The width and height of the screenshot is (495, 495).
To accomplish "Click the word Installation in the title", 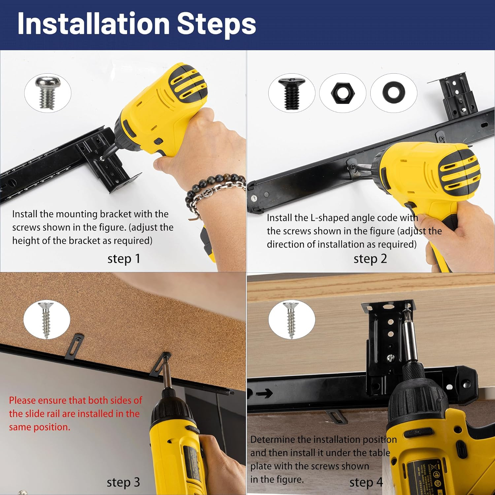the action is pos(93,23).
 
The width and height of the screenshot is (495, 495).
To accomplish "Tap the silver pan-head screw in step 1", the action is pos(47,92).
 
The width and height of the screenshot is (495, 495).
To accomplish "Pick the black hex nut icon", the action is pos(343,93).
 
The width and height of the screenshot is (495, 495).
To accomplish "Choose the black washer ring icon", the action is pos(394,93).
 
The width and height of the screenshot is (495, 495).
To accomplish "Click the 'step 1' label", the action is pos(124,259).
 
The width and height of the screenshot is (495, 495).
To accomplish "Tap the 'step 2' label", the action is pos(370,259).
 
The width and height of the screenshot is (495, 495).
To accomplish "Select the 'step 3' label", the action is pos(123,482).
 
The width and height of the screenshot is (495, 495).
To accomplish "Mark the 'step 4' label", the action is pos(366,482).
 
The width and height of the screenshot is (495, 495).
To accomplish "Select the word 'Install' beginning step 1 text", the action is pos(25,214).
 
